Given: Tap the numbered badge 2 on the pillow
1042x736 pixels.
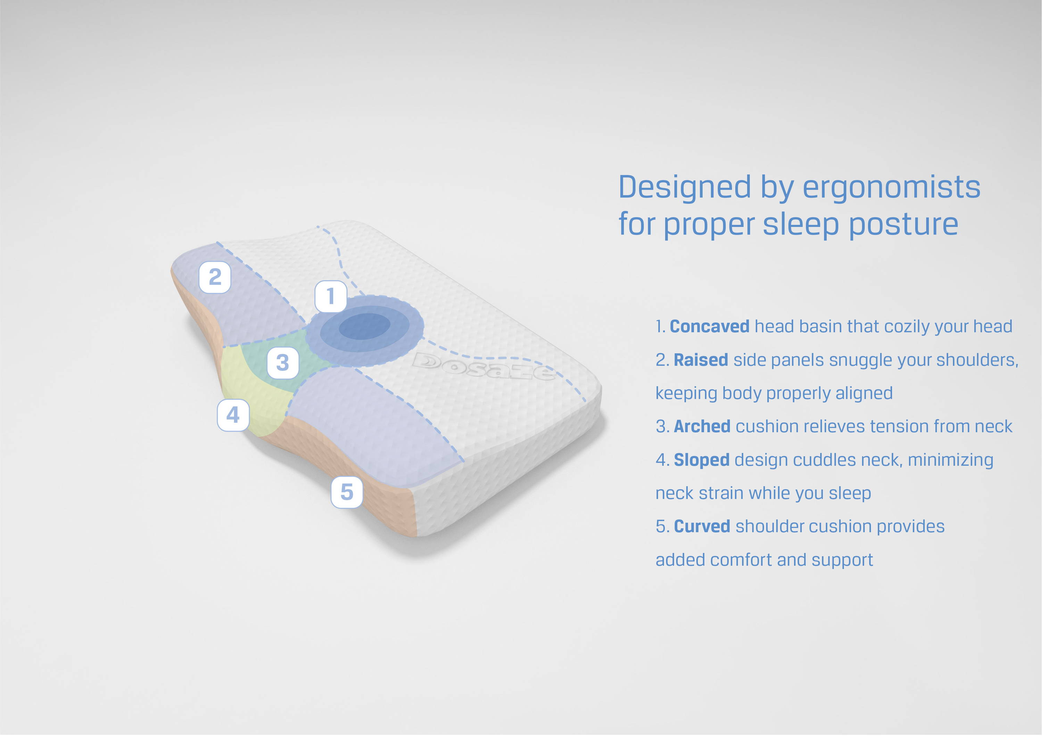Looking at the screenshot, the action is tap(215, 277).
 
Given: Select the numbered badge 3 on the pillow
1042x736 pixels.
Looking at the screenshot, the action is tap(283, 363).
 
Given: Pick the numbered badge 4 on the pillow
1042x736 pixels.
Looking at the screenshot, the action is tap(233, 415).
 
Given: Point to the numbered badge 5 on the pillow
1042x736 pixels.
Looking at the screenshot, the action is tap(347, 492).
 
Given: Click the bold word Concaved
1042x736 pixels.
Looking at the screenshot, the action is tap(709, 327).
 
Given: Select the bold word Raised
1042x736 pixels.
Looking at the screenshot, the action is tap(701, 360).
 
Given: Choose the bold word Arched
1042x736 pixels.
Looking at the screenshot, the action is tap(702, 427).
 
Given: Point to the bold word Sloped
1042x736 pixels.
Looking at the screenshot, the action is tap(702, 460).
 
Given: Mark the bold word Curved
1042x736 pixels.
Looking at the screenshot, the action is tap(702, 526).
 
